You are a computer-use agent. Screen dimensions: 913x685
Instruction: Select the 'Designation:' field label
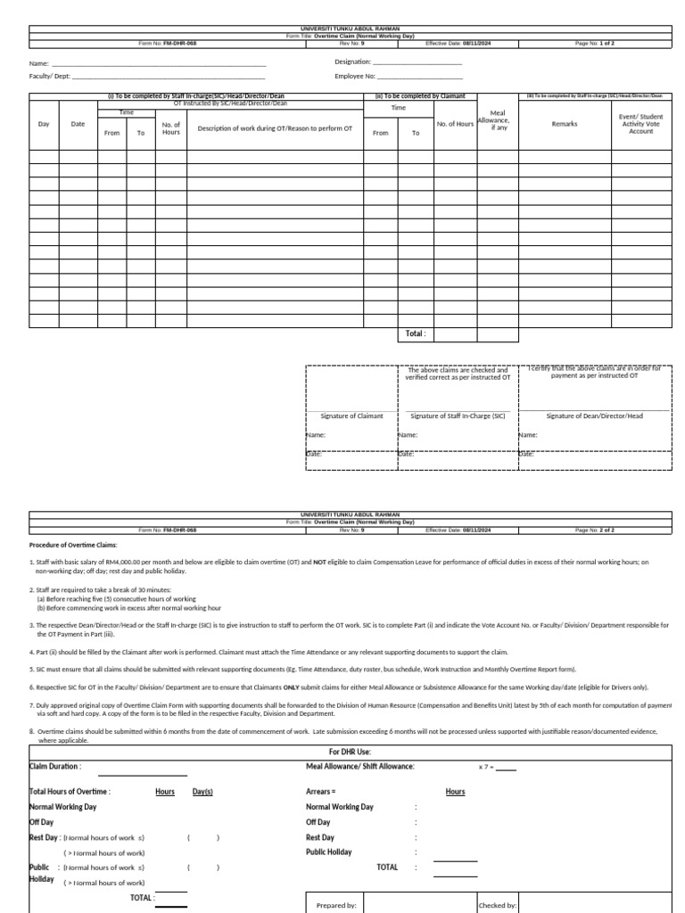[352, 62]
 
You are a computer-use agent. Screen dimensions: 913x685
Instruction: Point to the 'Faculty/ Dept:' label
[51, 77]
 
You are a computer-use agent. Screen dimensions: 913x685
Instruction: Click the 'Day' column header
[44, 124]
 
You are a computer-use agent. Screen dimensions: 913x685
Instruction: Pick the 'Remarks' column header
[565, 124]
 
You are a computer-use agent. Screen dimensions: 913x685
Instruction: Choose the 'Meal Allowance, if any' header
[498, 120]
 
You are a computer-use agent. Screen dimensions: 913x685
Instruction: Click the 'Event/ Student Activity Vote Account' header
[640, 124]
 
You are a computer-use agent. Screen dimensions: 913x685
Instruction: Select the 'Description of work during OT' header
[275, 128]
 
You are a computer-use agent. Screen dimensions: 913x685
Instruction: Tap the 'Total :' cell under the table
[416, 333]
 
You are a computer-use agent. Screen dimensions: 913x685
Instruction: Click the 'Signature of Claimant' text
[351, 415]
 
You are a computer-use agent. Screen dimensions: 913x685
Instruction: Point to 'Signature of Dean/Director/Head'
[594, 415]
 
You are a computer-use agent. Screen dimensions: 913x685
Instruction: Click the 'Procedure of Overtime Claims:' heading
[72, 544]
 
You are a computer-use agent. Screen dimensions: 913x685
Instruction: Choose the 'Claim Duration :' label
[55, 766]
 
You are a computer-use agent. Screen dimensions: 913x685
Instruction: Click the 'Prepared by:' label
[336, 905]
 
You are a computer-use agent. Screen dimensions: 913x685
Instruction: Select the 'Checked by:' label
[498, 905]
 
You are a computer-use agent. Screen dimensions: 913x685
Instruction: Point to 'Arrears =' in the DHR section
[320, 791]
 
